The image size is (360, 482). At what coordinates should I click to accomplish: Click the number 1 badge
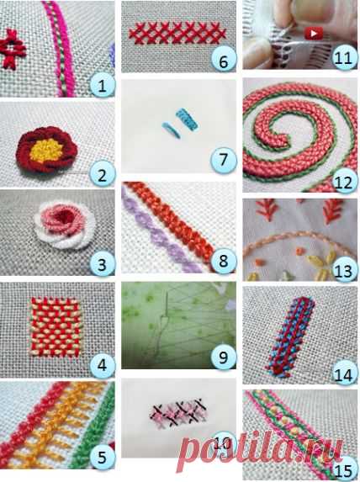pyautogui.click(x=103, y=86)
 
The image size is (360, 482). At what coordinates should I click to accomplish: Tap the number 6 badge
pyautogui.click(x=224, y=61)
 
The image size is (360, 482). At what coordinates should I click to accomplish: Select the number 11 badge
pyautogui.click(x=344, y=57)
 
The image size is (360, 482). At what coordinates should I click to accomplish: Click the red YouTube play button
pyautogui.click(x=314, y=33)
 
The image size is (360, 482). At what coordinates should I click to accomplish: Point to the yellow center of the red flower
pyautogui.click(x=47, y=151)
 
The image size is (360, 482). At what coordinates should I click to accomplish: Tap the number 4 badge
pyautogui.click(x=103, y=366)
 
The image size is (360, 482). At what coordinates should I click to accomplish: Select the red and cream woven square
pyautogui.click(x=56, y=327)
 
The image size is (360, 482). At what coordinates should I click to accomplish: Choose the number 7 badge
pyautogui.click(x=224, y=160)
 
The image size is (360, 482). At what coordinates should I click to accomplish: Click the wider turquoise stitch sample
pyautogui.click(x=188, y=119)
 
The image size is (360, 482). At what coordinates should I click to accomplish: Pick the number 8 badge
pyautogui.click(x=224, y=261)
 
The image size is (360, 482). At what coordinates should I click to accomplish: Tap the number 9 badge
pyautogui.click(x=224, y=358)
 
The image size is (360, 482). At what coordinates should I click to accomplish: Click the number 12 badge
pyautogui.click(x=344, y=182)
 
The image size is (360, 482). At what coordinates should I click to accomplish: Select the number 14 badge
pyautogui.click(x=344, y=373)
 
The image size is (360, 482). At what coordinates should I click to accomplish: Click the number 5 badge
pyautogui.click(x=103, y=457)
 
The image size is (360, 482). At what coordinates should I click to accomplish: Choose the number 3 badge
pyautogui.click(x=103, y=264)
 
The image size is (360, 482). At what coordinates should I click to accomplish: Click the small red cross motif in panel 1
pyautogui.click(x=13, y=49)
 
